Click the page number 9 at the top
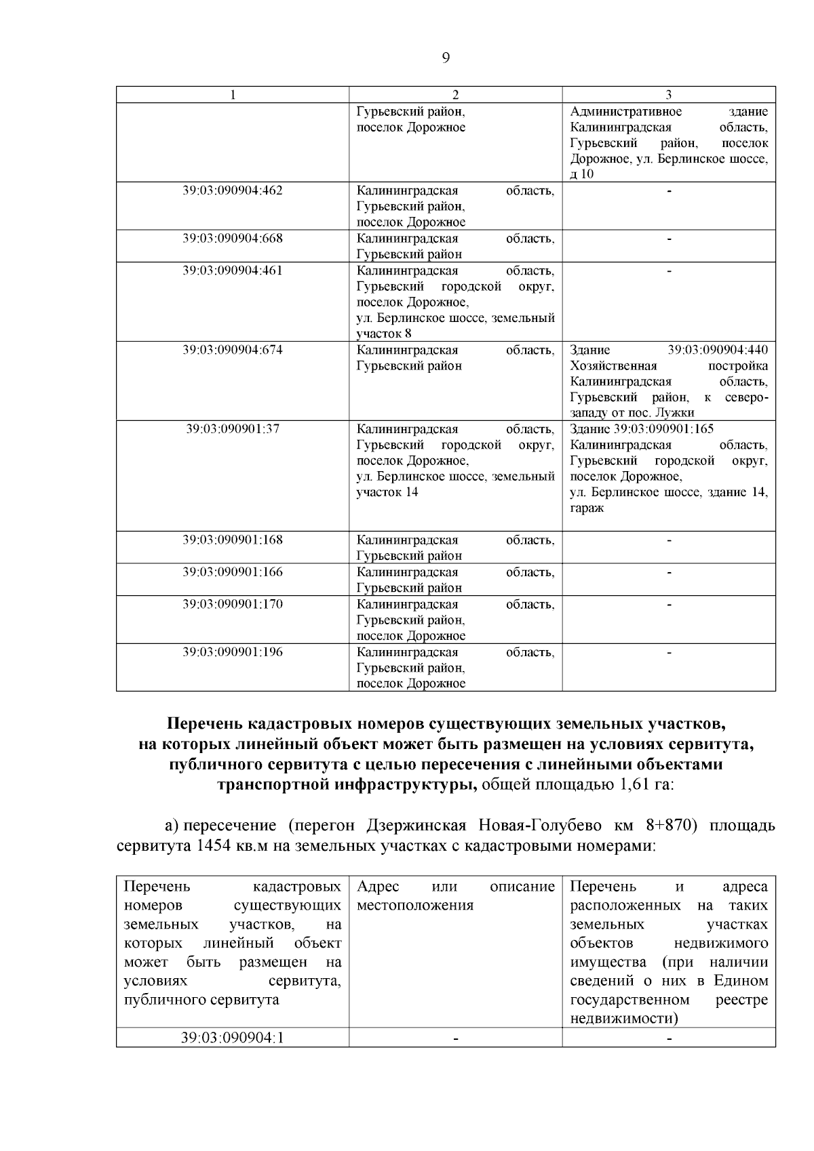pos(446,58)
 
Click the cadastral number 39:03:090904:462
pos(232,190)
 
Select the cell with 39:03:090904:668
pos(232,239)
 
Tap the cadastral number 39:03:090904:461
pos(232,270)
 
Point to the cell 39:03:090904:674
pos(232,350)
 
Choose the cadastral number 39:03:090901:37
pos(232,429)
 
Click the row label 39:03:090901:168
pos(232,540)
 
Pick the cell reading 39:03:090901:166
pos(232,572)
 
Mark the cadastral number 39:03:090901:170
pos(232,604)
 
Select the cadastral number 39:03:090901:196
pos(232,652)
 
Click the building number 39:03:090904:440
pos(718,350)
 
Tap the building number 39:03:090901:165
pos(663,429)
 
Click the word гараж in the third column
pos(587,508)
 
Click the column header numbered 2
pos(455,95)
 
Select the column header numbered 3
pos(668,95)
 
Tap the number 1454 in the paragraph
pos(214,847)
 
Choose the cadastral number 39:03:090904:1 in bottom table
pos(232,1038)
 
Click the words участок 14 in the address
pos(387,492)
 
